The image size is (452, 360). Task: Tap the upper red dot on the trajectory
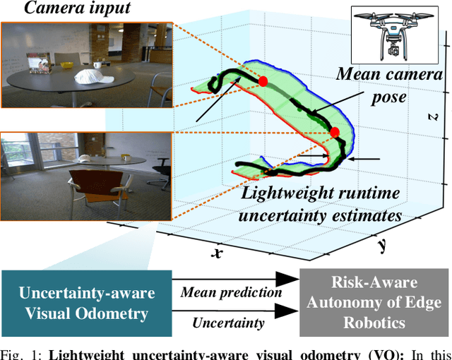click(263, 82)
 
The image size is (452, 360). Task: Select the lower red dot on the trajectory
click(335, 132)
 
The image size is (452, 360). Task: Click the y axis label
click(381, 246)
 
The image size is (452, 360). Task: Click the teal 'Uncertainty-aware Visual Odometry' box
click(86, 302)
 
